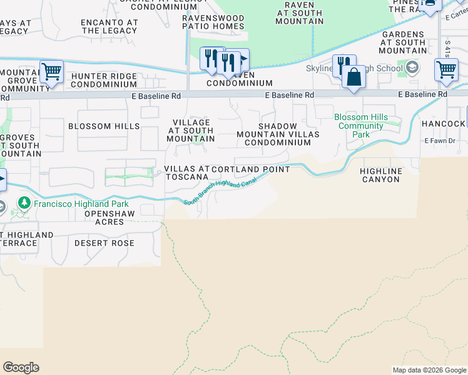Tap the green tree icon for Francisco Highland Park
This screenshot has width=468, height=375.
click(x=24, y=203)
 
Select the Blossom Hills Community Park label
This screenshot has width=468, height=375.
click(x=361, y=126)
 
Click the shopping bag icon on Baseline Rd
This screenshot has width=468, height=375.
click(x=354, y=77)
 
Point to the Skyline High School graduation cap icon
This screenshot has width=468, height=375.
click(x=412, y=67)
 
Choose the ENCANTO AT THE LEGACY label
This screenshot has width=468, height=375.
click(x=109, y=26)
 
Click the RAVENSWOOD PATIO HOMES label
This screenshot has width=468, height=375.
click(x=213, y=22)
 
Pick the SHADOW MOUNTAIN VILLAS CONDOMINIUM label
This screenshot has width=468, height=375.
click(x=278, y=134)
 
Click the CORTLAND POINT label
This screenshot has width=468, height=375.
click(x=251, y=169)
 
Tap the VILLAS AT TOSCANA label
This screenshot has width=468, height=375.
click(x=186, y=173)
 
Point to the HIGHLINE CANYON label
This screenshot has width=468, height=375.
click(x=380, y=175)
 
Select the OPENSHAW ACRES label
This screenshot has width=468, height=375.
click(x=110, y=218)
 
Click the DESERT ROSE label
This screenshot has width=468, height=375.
click(x=104, y=242)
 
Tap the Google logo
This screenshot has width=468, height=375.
click(x=21, y=367)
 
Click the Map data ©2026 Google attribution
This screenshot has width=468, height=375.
click(x=429, y=370)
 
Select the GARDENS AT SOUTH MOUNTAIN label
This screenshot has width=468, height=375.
click(x=404, y=42)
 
